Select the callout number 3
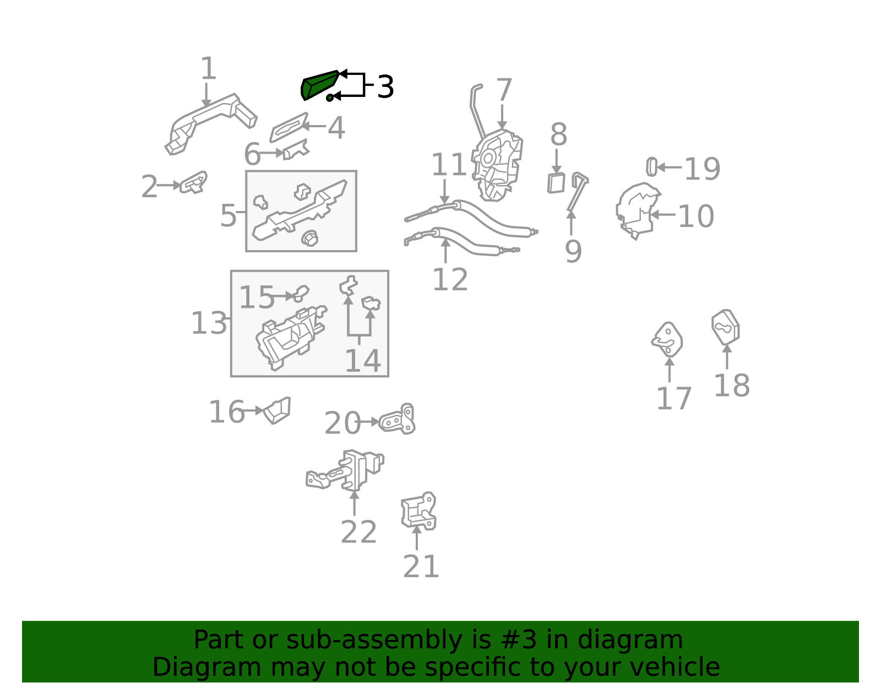pos(385,86)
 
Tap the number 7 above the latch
pos(504,90)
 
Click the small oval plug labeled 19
pos(651,166)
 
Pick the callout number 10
pos(696,216)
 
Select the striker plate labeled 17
pos(667,339)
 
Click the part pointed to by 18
pos(726,327)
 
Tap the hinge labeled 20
pos(398,419)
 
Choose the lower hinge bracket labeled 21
pos(419,511)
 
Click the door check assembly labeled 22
pos(345,470)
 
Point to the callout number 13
pos(209,323)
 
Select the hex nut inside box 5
pos(310,239)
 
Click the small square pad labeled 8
pos(556,183)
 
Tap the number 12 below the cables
pos(450,279)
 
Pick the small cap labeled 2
pos(194,182)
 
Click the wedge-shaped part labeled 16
pos(278,410)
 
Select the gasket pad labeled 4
pos(289,127)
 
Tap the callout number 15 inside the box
pos(257,297)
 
